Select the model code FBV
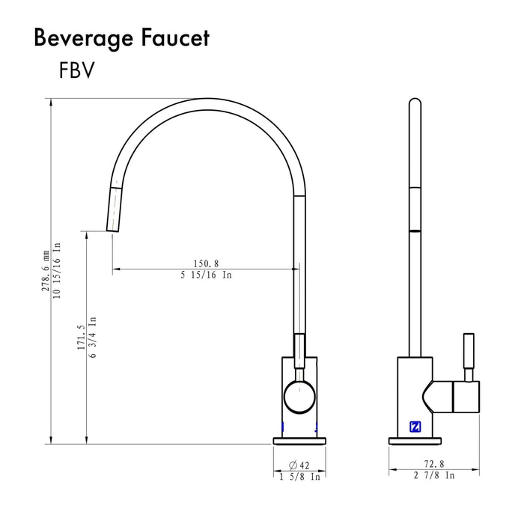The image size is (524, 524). [76, 70]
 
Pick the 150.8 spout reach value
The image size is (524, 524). [206, 263]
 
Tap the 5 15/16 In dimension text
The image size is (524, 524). [206, 275]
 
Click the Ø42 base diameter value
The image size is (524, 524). [299, 465]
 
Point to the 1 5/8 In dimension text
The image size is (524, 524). [299, 476]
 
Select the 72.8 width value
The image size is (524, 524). [434, 465]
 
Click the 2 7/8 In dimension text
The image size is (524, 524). [434, 476]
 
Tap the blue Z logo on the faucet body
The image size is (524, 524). [415, 427]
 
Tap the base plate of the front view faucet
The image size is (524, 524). [299, 440]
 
